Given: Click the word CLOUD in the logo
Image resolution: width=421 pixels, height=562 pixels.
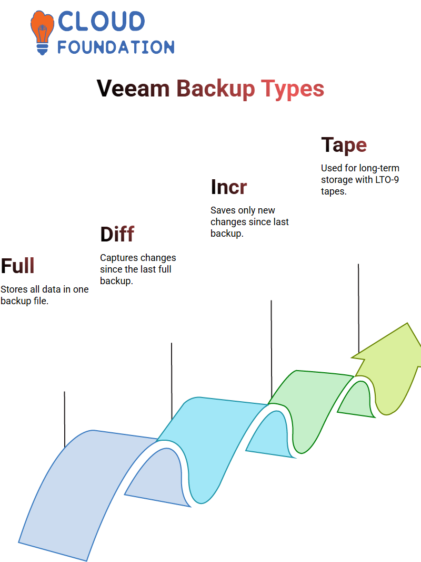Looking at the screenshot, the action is pos(101,21).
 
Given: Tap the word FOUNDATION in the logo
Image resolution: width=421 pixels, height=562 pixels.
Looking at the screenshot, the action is pos(116,47).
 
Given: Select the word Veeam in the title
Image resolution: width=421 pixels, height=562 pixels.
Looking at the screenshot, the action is pos(133,89).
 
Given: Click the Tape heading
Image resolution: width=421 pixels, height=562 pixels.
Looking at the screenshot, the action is pos(344,146).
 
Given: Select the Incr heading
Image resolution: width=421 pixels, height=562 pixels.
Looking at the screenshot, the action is pos(229,187).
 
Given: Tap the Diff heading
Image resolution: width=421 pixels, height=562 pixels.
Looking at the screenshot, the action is pos(117,235).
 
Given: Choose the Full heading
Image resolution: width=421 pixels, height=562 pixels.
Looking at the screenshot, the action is pos(17,266).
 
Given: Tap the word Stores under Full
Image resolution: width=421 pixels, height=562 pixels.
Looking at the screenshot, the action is pos(14,289).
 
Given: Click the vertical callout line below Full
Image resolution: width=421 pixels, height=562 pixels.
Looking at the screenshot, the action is pos(64,419).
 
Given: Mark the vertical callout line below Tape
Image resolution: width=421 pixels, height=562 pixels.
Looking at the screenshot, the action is pos(358,308).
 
